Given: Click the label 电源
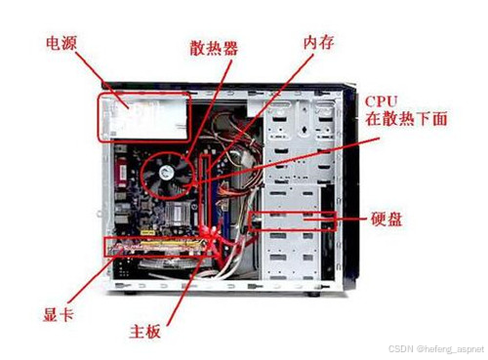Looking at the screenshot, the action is (x=61, y=43).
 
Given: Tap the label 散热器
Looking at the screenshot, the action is (x=214, y=48).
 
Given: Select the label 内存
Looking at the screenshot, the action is (x=318, y=42).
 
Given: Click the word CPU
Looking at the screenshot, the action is (x=381, y=101).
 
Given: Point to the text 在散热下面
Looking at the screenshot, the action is (x=406, y=118).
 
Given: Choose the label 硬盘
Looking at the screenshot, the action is (x=386, y=219).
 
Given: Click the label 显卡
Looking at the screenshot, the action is (x=59, y=314).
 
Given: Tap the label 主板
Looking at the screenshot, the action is (x=145, y=332).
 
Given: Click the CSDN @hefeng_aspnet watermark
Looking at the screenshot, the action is (x=436, y=349).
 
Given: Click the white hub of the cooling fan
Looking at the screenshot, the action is (x=167, y=173).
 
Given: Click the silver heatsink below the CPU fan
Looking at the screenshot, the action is (x=178, y=214).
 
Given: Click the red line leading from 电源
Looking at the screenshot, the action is (x=102, y=80).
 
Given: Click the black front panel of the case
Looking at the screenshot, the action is (x=349, y=188).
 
